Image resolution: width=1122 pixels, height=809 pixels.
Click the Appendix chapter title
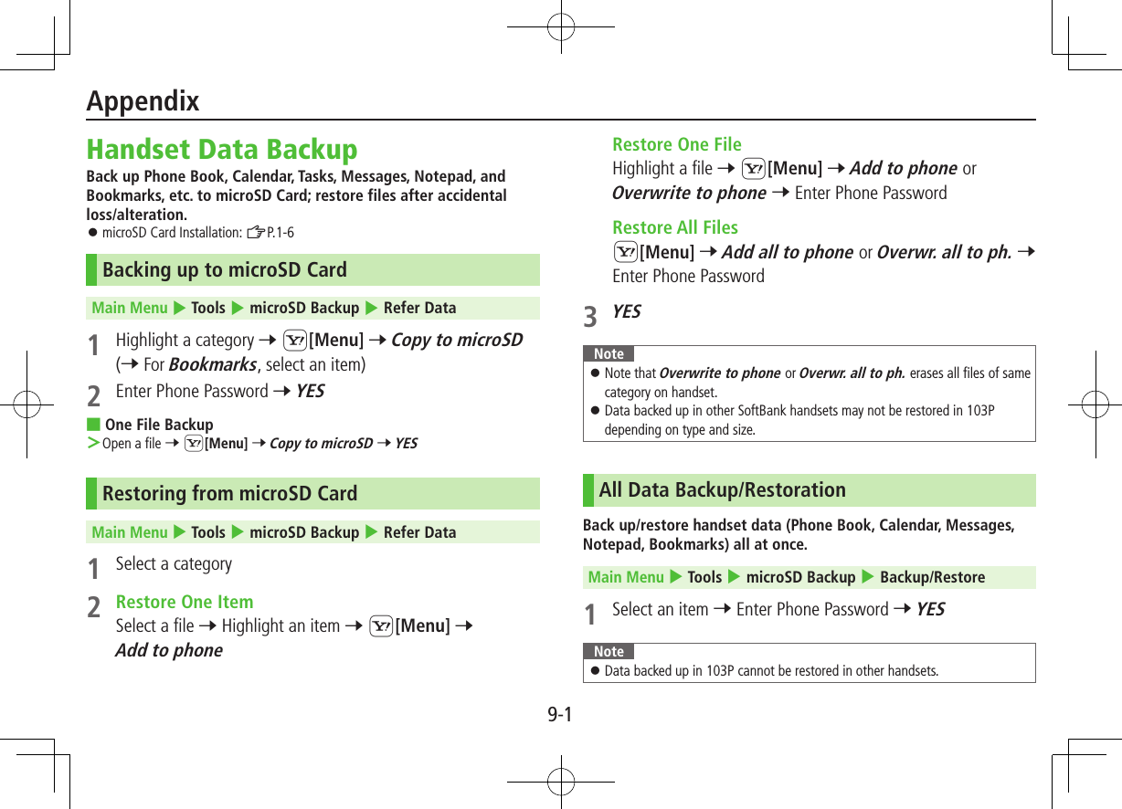143,100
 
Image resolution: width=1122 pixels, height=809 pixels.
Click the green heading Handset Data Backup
222,149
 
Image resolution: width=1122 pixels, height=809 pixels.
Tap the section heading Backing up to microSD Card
225,270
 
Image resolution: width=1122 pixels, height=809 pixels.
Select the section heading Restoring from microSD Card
229,494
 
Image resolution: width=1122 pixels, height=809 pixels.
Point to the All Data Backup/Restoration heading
722,490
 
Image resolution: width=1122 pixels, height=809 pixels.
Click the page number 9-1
560,714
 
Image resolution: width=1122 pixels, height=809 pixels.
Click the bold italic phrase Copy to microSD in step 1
457,341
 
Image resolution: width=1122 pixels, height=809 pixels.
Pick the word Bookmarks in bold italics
212,365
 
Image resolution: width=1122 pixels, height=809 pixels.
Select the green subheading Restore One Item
185,603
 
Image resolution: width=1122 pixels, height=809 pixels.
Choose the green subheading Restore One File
677,145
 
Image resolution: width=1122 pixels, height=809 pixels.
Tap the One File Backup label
159,425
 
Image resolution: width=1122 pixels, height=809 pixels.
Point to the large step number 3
591,316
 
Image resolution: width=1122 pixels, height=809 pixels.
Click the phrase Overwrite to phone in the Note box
719,373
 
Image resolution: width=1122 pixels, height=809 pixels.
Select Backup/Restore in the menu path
932,577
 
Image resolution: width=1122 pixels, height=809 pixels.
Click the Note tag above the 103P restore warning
609,651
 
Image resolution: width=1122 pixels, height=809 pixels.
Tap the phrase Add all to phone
787,252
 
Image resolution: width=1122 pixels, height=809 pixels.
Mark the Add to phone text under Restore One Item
169,651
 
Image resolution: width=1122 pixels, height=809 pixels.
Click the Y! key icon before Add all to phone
626,252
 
